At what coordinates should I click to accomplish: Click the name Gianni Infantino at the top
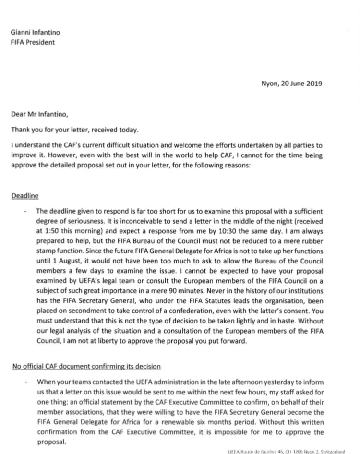click(x=36, y=33)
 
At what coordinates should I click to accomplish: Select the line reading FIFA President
click(x=33, y=42)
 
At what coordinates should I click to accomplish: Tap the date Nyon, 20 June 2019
click(x=292, y=83)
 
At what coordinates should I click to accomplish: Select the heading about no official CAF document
click(x=86, y=367)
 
